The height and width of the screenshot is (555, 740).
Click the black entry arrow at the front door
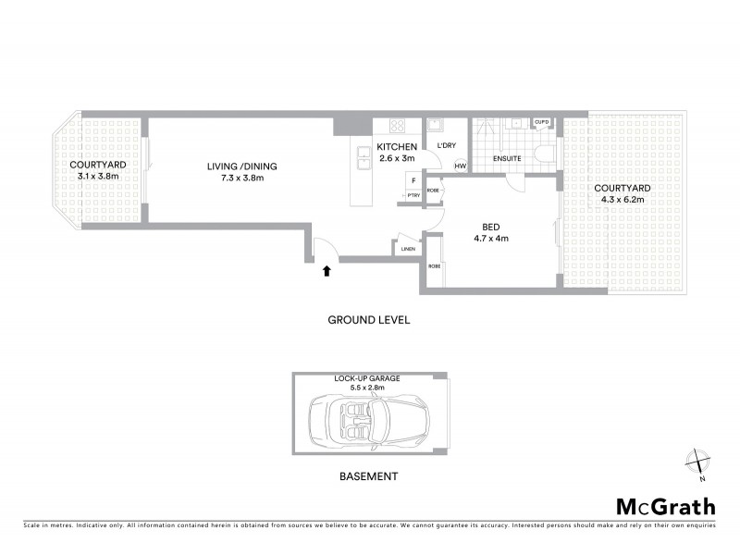(326, 271)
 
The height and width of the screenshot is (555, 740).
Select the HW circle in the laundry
(459, 166)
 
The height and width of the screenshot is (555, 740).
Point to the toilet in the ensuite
(546, 154)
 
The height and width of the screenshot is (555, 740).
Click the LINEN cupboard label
(407, 248)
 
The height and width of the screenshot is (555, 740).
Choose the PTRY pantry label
(413, 195)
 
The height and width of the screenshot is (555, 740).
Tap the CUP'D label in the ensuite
(541, 122)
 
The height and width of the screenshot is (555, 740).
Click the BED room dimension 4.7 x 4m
(490, 238)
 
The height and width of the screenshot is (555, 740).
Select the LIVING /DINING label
(241, 166)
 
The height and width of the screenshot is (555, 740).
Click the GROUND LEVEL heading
(368, 320)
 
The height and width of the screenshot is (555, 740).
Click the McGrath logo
(666, 506)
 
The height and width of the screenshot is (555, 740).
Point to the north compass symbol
(698, 462)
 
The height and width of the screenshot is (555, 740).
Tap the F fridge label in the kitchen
(413, 179)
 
